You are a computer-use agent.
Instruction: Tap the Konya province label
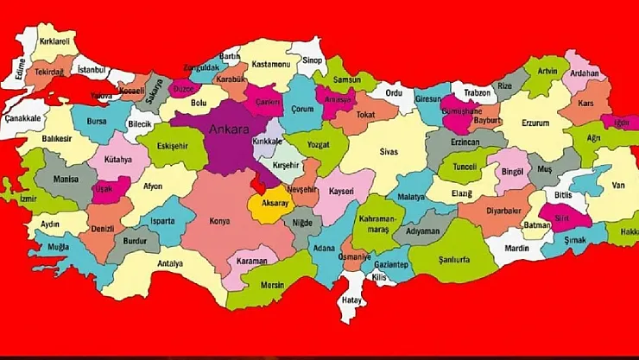click(219, 221)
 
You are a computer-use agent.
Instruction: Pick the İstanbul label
click(91, 69)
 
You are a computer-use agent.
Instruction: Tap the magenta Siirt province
click(559, 219)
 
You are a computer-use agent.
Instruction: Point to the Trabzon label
click(477, 92)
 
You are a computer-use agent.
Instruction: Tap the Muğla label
click(59, 246)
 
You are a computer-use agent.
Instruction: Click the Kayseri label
click(340, 189)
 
